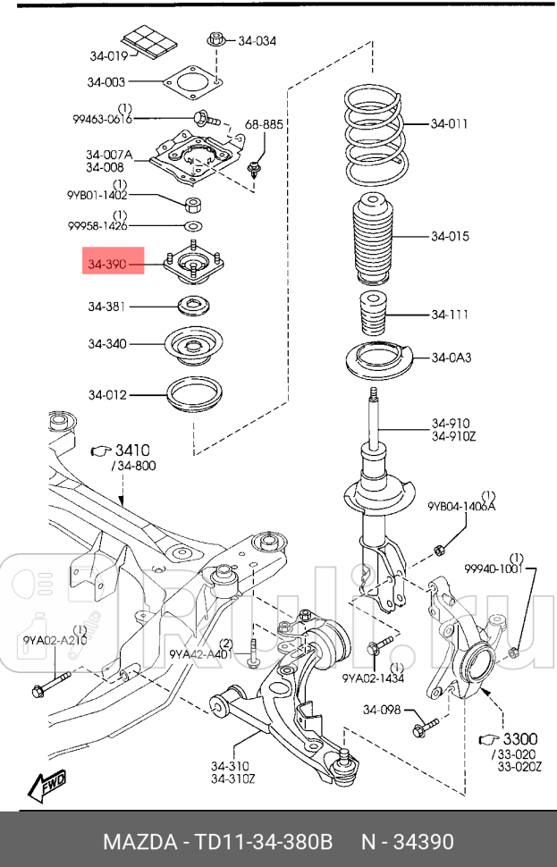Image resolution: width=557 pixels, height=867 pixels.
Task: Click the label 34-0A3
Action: coord(451,358)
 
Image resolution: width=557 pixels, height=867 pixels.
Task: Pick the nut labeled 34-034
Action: coord(215,40)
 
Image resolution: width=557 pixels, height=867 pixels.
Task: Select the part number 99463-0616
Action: coord(103,118)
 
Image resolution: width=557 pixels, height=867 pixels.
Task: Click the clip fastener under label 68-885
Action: coord(257,167)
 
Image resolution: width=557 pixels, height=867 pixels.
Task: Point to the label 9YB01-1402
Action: coord(97,195)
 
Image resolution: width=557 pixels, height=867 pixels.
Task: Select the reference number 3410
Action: coord(131,450)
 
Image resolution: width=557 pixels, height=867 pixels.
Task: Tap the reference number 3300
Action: coord(519,739)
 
